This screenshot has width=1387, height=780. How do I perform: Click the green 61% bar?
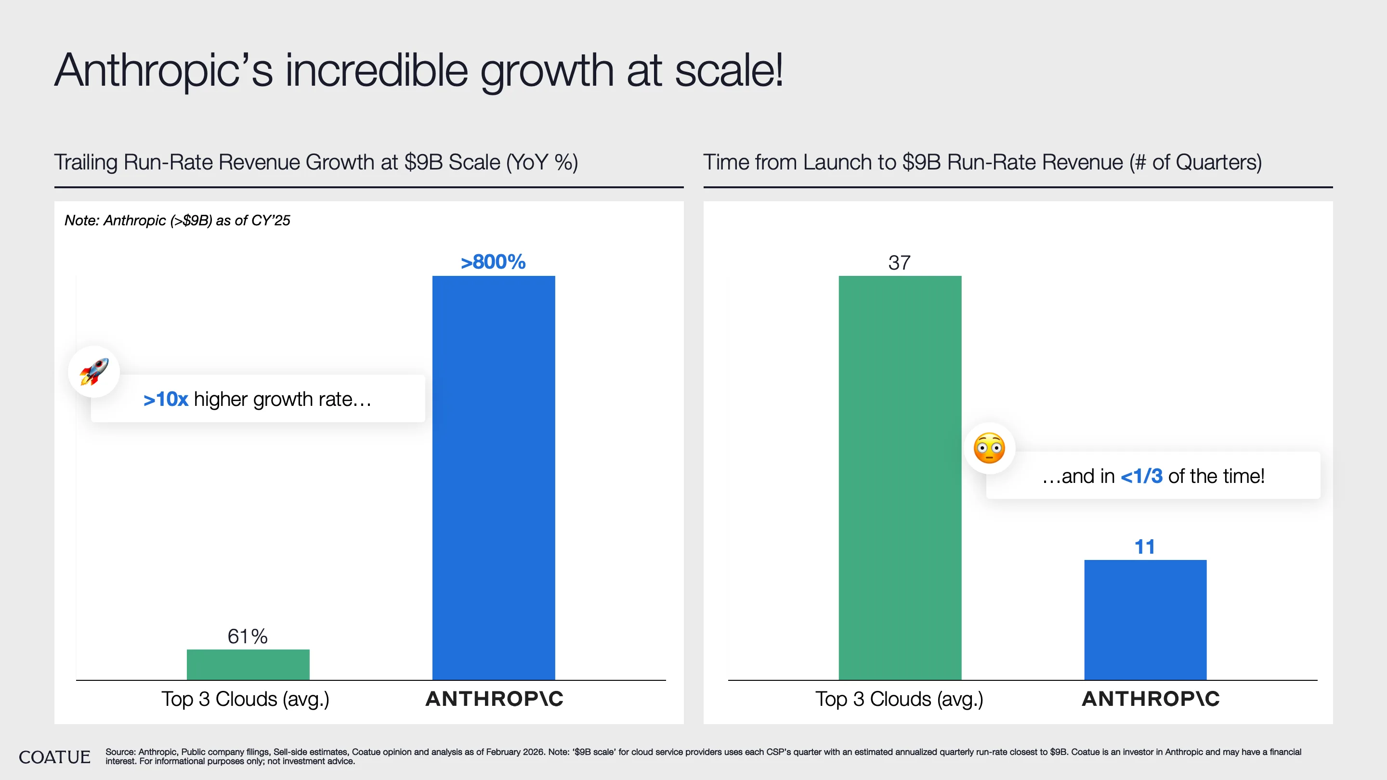pyautogui.click(x=248, y=664)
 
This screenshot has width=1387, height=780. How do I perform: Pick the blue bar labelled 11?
pyautogui.click(x=1145, y=620)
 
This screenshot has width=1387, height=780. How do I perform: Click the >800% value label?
pyautogui.click(x=493, y=262)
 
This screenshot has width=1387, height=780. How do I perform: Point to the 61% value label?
pyautogui.click(x=247, y=636)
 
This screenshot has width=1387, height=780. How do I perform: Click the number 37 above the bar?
pyautogui.click(x=899, y=263)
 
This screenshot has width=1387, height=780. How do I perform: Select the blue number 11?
pyautogui.click(x=1145, y=547)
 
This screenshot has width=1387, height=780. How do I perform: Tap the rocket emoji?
pyautogui.click(x=94, y=371)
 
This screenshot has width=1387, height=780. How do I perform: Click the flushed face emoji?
pyautogui.click(x=989, y=448)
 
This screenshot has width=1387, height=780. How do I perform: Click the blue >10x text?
pyautogui.click(x=165, y=400)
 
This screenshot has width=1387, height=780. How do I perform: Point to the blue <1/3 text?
pyautogui.click(x=1141, y=476)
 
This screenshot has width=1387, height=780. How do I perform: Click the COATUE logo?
pyautogui.click(x=54, y=757)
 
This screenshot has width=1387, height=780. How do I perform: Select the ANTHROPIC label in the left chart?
pyautogui.click(x=494, y=699)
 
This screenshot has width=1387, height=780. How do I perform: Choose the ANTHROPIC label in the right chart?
pyautogui.click(x=1151, y=699)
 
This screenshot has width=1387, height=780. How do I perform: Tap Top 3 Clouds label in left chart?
pyautogui.click(x=245, y=699)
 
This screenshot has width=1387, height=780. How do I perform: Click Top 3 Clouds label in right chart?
pyautogui.click(x=899, y=699)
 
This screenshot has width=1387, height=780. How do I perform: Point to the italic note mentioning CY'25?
pyautogui.click(x=177, y=220)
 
